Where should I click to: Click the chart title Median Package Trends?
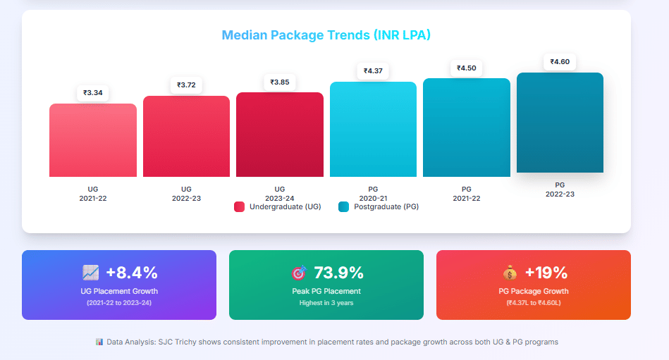coord(326,35)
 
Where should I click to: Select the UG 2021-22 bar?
coord(93,140)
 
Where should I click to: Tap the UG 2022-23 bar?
coord(186,137)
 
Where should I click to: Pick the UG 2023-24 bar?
coord(280,135)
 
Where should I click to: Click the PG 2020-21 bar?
coord(373,130)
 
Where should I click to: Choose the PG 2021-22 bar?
coord(466,128)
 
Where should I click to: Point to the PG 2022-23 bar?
coord(560,123)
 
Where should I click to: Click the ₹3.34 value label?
coord(93,92)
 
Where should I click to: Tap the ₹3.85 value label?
coord(280,82)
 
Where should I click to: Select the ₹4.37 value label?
coord(373,70)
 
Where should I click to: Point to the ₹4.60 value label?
coord(560,61)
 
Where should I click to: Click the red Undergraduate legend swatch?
coord(239,206)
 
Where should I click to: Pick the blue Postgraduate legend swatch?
coord(343,206)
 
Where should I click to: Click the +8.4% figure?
coord(132,273)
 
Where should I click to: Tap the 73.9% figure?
coord(338,273)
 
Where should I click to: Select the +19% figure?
coord(546,273)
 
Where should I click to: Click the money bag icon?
coord(510,273)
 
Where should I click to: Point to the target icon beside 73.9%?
coord(299,273)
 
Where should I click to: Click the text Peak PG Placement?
coord(326,291)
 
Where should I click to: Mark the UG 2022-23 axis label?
coord(186,194)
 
